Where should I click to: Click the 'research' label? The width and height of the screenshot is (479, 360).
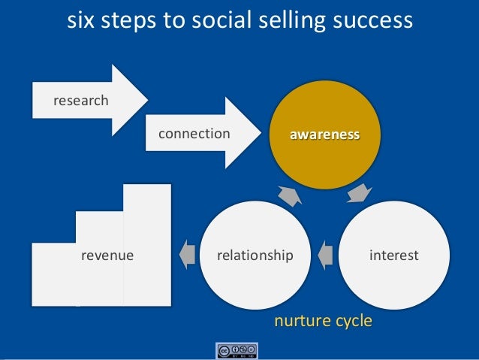78,101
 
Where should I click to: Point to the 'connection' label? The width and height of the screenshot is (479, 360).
194,134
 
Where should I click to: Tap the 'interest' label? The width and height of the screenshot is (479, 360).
393,256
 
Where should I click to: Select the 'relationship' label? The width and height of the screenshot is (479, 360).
255,256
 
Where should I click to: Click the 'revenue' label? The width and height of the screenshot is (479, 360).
107,256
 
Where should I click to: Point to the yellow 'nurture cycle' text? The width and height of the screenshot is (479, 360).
323,322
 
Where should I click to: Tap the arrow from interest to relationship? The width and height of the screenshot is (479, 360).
325,256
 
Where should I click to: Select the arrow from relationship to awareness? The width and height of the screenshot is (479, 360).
288,195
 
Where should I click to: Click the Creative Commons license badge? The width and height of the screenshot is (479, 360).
237,351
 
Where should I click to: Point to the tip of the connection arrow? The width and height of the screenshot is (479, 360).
264,134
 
